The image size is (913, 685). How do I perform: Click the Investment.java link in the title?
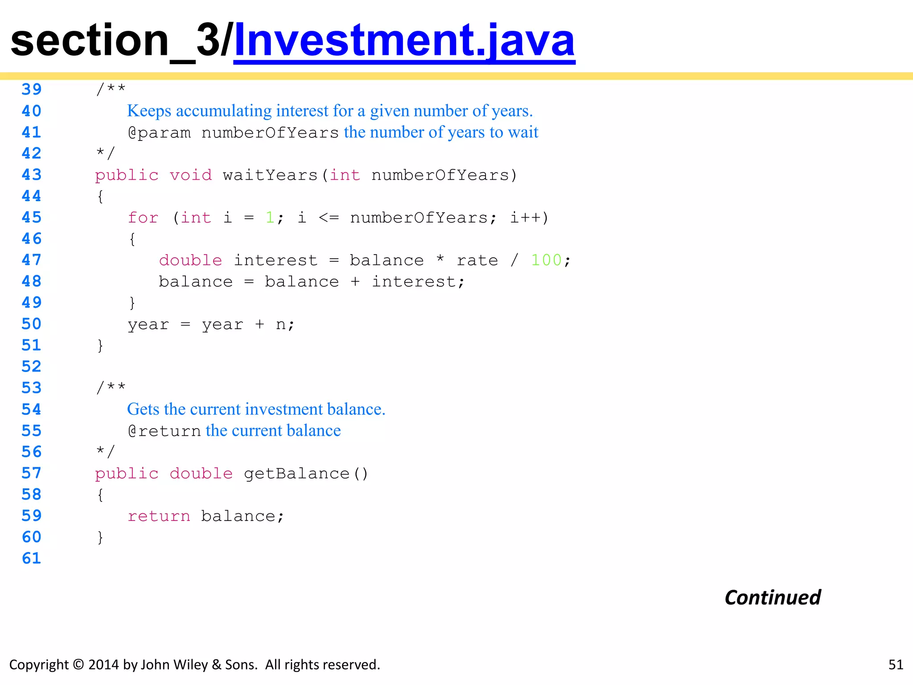404,41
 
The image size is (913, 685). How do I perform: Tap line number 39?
32,89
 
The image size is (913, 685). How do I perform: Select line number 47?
32,260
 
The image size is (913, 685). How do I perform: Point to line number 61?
32,558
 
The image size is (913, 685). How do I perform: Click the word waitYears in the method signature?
270,175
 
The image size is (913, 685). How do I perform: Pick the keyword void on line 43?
191,175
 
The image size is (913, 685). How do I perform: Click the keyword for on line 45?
143,218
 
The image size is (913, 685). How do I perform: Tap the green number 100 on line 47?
546,260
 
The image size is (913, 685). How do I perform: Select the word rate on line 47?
477,260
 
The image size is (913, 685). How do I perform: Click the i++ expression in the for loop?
524,218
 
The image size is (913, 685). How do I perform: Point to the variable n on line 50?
280,324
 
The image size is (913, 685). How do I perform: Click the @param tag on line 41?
159,133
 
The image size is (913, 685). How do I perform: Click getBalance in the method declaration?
296,474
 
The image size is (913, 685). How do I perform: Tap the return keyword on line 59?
159,516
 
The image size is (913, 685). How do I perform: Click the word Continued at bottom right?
773,598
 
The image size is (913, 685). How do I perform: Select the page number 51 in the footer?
896,664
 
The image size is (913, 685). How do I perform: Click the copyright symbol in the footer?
78,664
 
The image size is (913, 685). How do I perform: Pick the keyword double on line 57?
201,474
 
